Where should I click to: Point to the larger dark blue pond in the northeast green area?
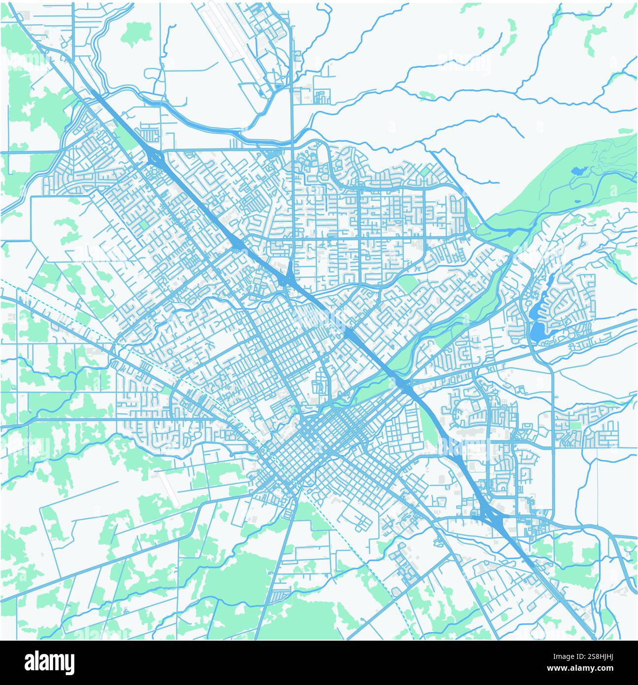click(578, 171)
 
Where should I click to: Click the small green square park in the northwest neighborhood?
click(144, 225)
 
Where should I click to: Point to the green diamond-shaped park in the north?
click(425, 171)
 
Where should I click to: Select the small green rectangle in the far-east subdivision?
click(574, 425)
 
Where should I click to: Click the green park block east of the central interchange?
click(407, 284)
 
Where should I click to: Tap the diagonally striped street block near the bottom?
click(280, 596)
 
